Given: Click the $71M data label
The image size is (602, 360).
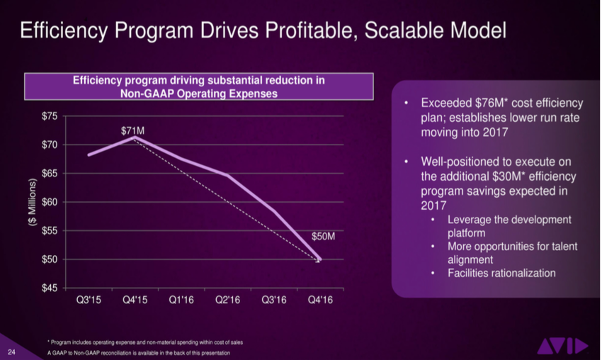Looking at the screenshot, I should pos(134,130).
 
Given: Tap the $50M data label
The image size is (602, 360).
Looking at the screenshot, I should pos(324,236).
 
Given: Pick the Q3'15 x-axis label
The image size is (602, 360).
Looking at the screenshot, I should pos(89,300).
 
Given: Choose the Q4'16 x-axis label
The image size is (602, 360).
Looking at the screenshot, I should pos(319,300).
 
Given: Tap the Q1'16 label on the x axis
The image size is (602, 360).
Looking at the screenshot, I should pos(181,300).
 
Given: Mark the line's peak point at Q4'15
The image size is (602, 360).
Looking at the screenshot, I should pos(135,137).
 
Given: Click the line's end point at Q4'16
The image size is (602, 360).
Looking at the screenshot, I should pos(319,259).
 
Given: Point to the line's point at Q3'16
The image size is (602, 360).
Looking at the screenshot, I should pos(273,210).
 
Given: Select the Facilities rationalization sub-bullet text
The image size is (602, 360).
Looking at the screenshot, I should pos(501,273).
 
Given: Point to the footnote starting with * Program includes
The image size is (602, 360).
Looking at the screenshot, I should pos(145,342).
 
